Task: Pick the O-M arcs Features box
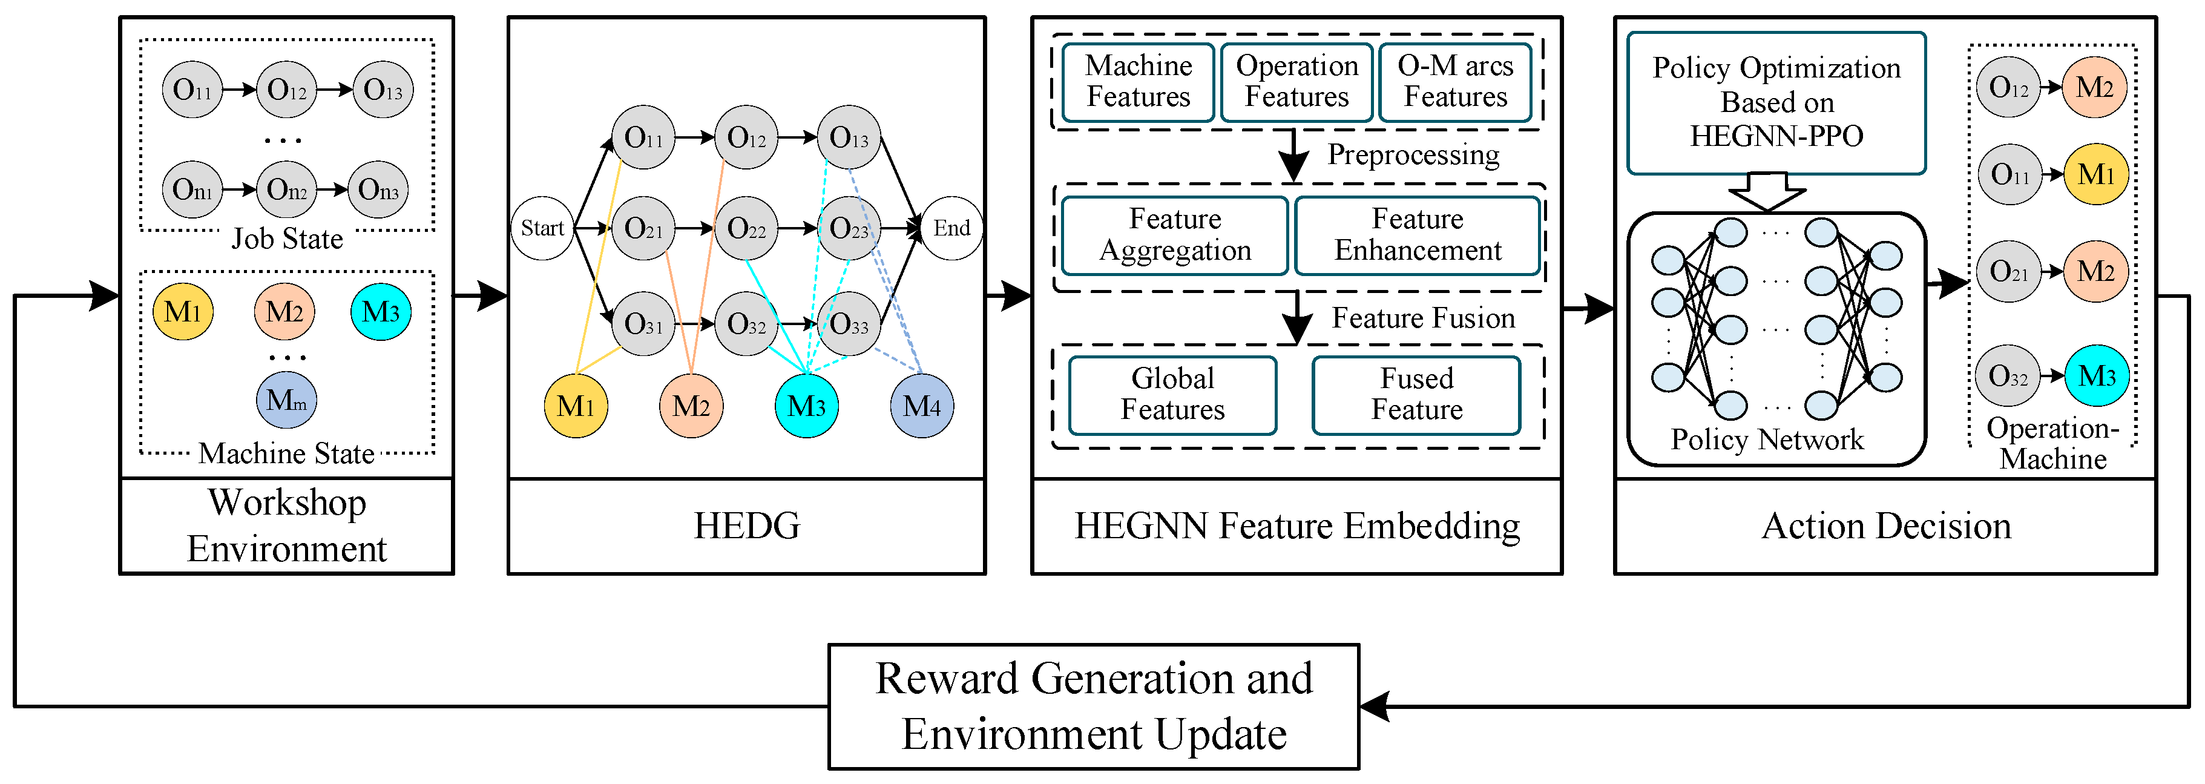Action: [x=1455, y=81]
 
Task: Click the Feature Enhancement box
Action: [x=1418, y=234]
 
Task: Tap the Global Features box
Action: [x=1172, y=395]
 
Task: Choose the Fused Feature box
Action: [x=1417, y=395]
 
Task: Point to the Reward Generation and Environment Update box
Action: [x=1094, y=706]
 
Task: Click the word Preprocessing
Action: [x=1413, y=155]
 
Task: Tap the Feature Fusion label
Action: [x=1422, y=318]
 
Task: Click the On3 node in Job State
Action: [x=378, y=189]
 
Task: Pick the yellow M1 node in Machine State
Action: [x=182, y=312]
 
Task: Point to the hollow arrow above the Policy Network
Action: [x=1767, y=191]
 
